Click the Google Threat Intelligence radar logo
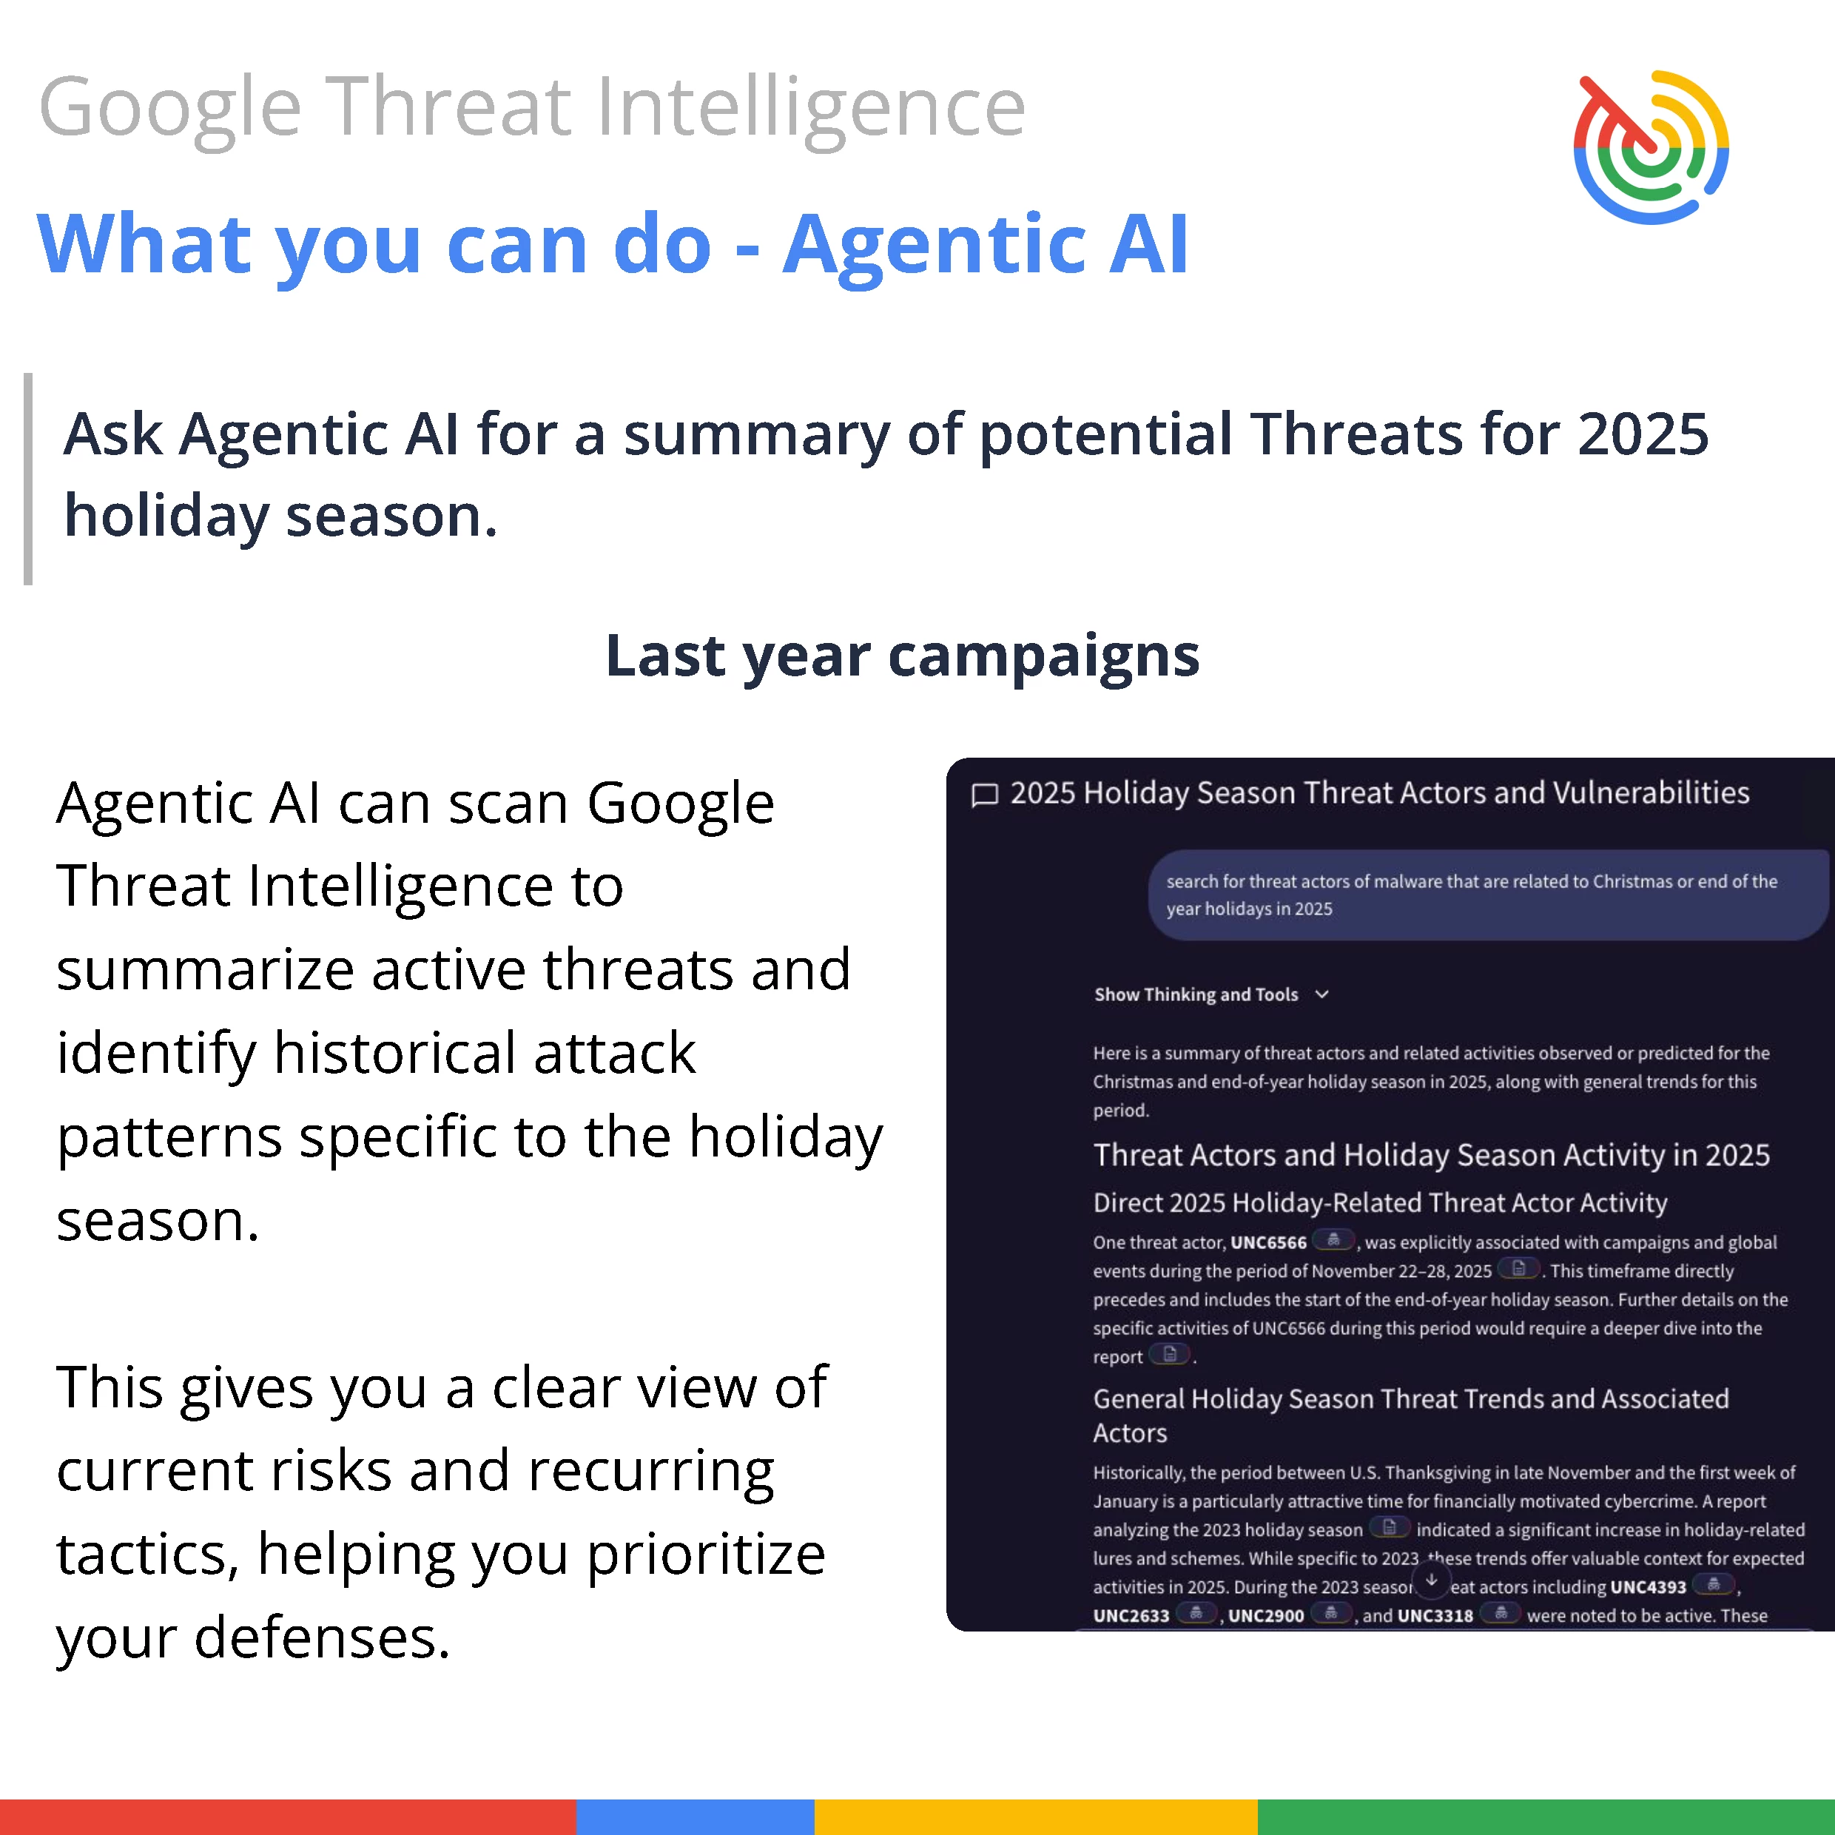click(x=1651, y=147)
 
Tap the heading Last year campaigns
click(x=902, y=656)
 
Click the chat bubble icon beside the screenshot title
click(x=985, y=794)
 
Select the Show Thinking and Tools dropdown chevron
click(x=1322, y=994)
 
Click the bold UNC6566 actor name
click(x=1268, y=1242)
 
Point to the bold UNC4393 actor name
click(x=1648, y=1587)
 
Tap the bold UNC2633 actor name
click(x=1131, y=1615)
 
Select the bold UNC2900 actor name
click(x=1266, y=1615)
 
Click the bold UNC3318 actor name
click(x=1435, y=1615)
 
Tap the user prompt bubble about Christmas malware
click(x=1488, y=895)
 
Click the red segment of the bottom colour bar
click(x=288, y=1817)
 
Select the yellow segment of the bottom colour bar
click(x=1036, y=1817)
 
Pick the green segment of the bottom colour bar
click(x=1546, y=1817)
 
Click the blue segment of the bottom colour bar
click(x=696, y=1817)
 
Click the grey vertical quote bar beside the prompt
click(x=29, y=479)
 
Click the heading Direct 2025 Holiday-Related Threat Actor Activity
click(x=1380, y=1202)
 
